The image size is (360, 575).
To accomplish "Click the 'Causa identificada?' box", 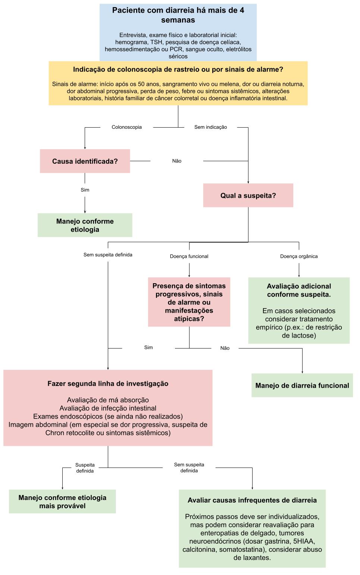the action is pyautogui.click(x=85, y=161).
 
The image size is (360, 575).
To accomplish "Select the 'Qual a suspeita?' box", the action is pyautogui.click(x=248, y=196).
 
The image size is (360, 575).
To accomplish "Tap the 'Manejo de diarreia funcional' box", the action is pyautogui.click(x=302, y=385).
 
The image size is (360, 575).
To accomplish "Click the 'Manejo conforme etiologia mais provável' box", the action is pyautogui.click(x=62, y=501).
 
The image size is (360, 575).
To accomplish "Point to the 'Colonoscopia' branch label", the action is pyautogui.click(x=126, y=127).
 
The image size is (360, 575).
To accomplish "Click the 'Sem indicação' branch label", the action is pyautogui.click(x=210, y=127).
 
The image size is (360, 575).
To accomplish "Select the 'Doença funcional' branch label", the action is pyautogui.click(x=189, y=256).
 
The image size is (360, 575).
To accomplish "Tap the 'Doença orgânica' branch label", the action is pyautogui.click(x=299, y=256).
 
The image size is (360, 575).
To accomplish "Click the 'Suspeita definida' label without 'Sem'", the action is pyautogui.click(x=85, y=468).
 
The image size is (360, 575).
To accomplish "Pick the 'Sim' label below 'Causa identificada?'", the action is pyautogui.click(x=85, y=190).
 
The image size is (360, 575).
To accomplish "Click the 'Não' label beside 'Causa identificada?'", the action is pyautogui.click(x=177, y=161).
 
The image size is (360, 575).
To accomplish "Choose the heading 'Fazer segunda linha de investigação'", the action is pyautogui.click(x=108, y=384).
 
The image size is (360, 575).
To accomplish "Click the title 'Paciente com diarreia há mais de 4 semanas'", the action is pyautogui.click(x=178, y=15).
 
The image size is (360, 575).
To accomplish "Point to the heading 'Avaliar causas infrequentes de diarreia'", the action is pyautogui.click(x=252, y=500).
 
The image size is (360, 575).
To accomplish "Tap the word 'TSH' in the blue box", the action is pyautogui.click(x=156, y=42).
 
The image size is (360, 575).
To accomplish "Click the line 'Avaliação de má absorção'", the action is pyautogui.click(x=108, y=400).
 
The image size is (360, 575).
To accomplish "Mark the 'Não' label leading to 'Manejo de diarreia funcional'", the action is pyautogui.click(x=225, y=348).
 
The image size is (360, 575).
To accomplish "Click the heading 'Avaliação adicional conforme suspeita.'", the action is pyautogui.click(x=299, y=290).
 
